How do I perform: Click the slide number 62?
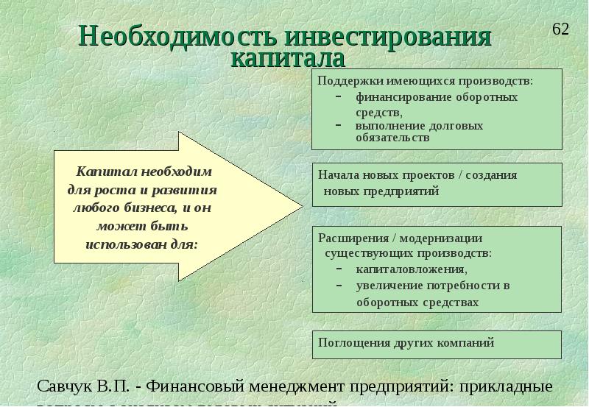560,29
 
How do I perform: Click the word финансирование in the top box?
395,97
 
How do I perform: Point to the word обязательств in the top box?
392,138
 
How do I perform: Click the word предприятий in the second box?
402,191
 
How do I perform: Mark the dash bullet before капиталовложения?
339,269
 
